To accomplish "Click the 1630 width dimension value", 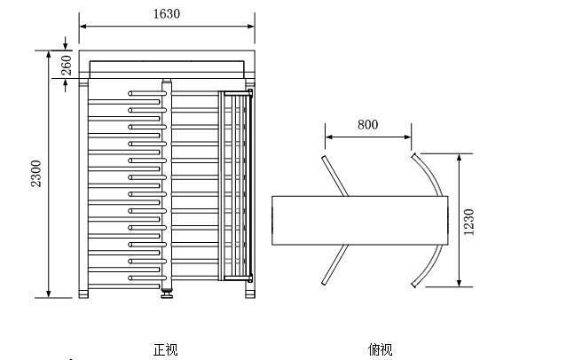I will point(167,13).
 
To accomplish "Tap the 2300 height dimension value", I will point(36,175).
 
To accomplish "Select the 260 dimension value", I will point(67,64).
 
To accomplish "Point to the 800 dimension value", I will point(367,124).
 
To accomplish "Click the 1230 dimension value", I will point(468,220).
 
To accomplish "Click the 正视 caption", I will point(165,349).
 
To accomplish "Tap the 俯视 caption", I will point(380,349).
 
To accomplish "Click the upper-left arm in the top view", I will point(334,176).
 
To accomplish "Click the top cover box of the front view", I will point(167,66).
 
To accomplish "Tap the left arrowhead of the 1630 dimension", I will point(83,26).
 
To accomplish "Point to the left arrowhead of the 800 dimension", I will point(328,137).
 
